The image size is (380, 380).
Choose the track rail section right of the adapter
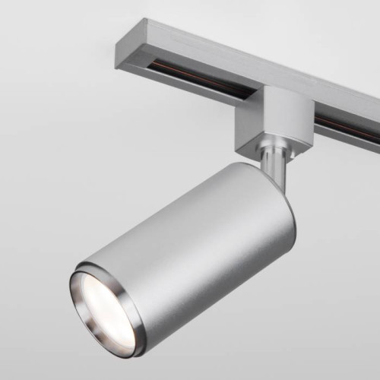[350, 122]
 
